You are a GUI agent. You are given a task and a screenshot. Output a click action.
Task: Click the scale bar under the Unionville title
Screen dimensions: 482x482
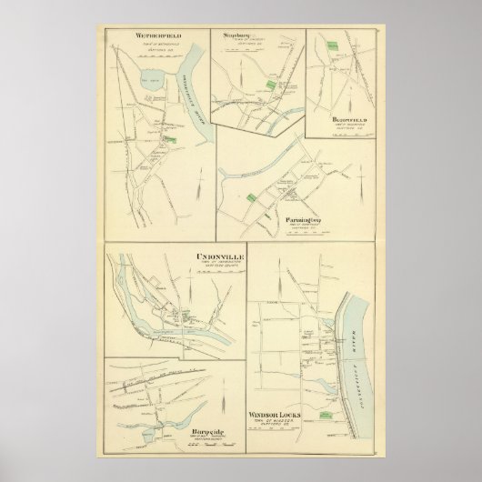coord(217,273)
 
